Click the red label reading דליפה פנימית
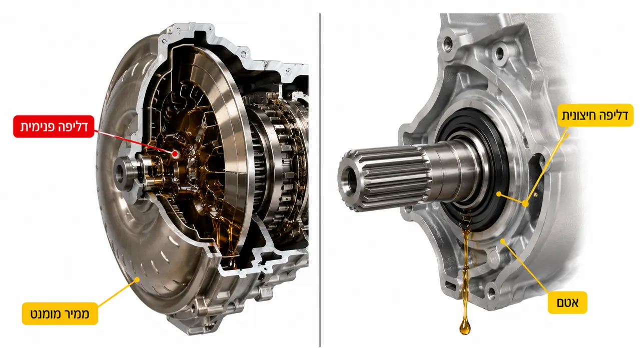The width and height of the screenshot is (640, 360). click(54, 126)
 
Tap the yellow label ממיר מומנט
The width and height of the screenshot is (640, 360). click(60, 313)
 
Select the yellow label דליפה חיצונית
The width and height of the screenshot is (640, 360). click(595, 115)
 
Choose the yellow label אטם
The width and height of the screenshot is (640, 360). click(567, 302)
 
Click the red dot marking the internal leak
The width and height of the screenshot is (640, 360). click(176, 154)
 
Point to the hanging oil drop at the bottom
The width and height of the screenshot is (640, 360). click(465, 327)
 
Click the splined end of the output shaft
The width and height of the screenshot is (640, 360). click(384, 178)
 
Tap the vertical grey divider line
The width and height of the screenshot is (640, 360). click(320, 180)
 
